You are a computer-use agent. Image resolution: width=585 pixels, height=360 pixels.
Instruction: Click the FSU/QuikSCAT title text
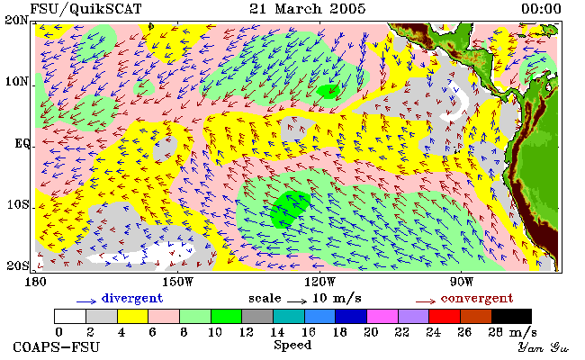[x=85, y=9]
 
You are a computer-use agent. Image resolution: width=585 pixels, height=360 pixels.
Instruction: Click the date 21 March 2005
[x=308, y=9]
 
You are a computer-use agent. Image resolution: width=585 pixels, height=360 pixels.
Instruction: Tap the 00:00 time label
[x=541, y=9]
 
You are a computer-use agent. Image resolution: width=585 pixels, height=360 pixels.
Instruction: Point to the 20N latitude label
[x=16, y=20]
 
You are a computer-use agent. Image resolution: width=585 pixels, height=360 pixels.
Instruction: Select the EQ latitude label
[x=22, y=144]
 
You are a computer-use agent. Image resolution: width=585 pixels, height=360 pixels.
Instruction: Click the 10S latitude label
[x=18, y=205]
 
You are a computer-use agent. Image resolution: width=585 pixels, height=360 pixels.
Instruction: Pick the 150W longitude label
[x=178, y=282]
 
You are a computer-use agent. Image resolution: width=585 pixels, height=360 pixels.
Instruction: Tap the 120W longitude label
[x=319, y=282]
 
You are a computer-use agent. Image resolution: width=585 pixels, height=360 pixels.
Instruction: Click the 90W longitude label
[x=462, y=282]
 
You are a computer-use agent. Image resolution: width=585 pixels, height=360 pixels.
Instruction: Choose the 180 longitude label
[x=35, y=282]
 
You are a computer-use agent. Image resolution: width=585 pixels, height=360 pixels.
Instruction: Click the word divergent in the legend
[x=132, y=299]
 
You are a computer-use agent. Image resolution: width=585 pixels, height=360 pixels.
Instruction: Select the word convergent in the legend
[x=477, y=299]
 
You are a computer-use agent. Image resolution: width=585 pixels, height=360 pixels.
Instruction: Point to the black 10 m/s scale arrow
[x=297, y=301]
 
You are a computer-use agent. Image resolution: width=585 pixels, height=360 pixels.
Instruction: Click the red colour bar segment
[x=445, y=316]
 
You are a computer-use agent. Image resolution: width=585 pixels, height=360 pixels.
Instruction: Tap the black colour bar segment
[x=511, y=316]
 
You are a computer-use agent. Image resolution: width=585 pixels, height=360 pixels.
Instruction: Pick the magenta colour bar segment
[x=382, y=316]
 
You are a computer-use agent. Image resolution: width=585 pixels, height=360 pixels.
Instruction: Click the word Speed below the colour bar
[x=292, y=345]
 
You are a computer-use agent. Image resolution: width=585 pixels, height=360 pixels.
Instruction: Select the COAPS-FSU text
[x=57, y=347]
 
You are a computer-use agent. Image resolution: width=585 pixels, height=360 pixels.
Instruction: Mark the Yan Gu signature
[x=544, y=347]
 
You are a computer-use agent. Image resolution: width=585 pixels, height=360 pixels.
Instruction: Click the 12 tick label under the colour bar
[x=247, y=332]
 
